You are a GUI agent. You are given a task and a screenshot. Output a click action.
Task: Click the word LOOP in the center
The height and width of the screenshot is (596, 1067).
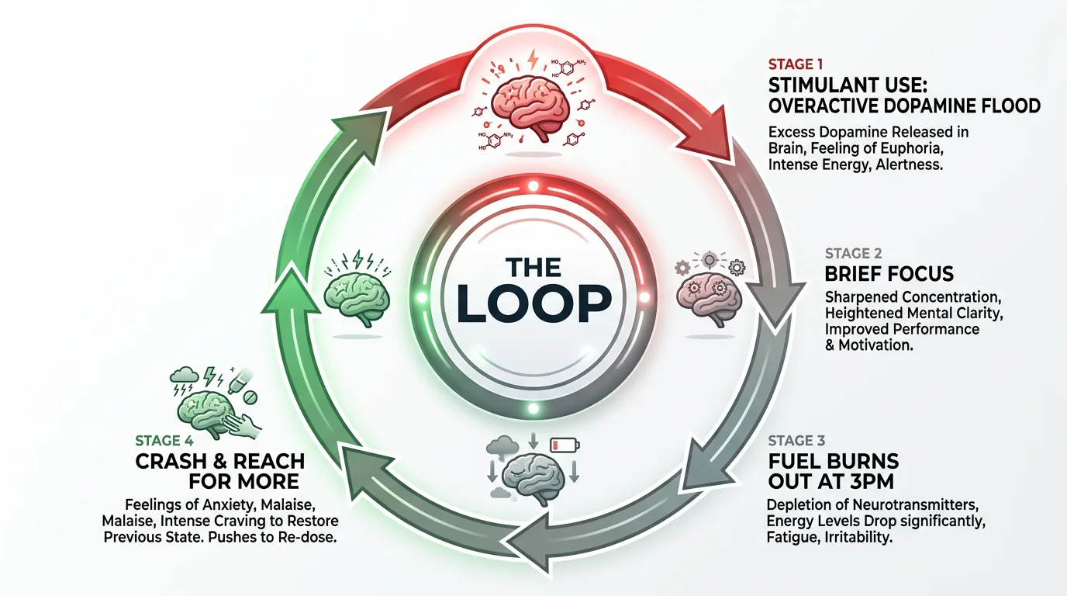point(533,303)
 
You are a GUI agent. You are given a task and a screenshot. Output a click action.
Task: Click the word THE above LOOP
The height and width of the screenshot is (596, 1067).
point(533,267)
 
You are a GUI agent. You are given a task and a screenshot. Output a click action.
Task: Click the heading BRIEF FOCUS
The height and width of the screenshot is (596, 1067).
point(889,274)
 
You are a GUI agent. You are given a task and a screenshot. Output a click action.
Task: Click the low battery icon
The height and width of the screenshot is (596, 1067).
point(565,445)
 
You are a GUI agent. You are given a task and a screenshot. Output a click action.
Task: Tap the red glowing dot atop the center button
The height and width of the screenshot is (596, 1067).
point(533,186)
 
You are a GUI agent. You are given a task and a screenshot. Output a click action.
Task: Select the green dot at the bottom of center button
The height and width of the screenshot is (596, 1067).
point(533,407)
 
